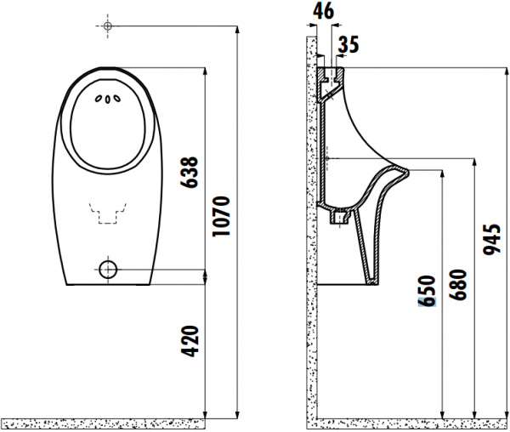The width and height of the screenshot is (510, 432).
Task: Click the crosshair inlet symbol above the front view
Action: coord(108,27)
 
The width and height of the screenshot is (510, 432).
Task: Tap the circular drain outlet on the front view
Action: coord(108,270)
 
